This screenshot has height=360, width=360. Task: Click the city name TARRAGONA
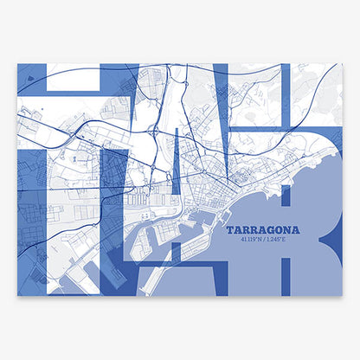point(262,230)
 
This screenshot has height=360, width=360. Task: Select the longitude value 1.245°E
point(280,240)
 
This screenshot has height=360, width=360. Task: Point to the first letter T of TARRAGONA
point(229,230)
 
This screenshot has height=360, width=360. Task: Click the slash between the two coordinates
point(266,240)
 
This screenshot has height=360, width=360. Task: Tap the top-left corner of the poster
point(17,62)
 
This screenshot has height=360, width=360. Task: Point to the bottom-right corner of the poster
point(343,296)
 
